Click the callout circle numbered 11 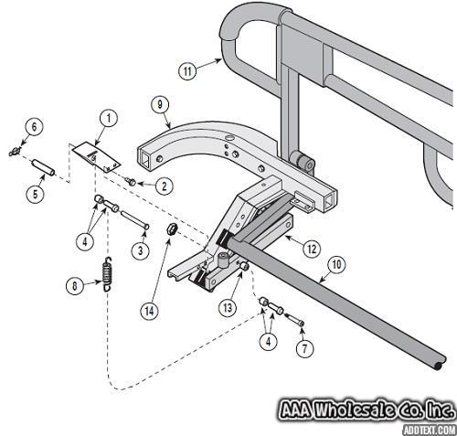[187, 70]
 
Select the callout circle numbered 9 [160, 105]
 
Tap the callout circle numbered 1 [109, 119]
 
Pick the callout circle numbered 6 [34, 127]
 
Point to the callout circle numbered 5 [36, 194]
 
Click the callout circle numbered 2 [165, 186]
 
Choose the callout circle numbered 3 [141, 250]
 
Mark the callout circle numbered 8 [75, 286]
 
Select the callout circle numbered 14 [149, 311]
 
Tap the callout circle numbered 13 [228, 308]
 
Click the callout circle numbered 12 [312, 250]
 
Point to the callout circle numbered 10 [336, 265]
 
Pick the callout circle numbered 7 [305, 348]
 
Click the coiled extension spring [107, 274]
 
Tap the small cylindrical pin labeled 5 [44, 167]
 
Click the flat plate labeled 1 [95, 157]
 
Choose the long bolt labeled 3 [134, 219]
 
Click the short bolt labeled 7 [294, 319]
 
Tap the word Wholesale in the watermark [355, 409]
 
